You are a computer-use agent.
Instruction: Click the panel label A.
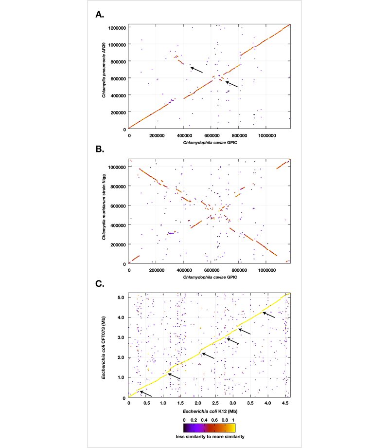(x=99, y=15)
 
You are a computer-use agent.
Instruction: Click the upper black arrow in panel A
(x=196, y=70)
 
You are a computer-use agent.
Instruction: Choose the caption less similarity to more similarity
(x=209, y=437)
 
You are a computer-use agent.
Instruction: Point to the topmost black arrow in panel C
(x=268, y=315)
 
